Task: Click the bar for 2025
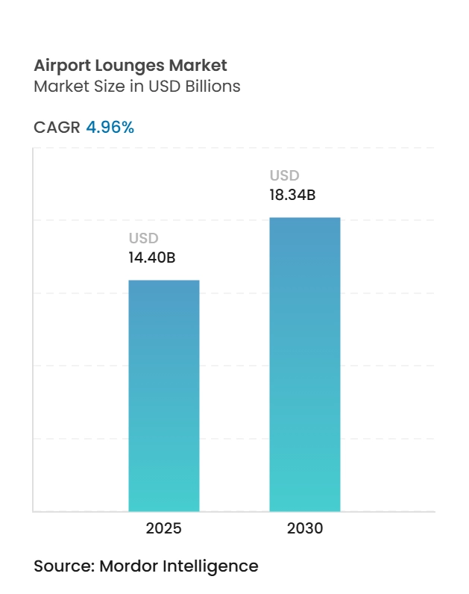tap(164, 396)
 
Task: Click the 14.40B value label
tap(152, 258)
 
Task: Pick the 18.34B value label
tap(293, 196)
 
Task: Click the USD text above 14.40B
tap(144, 239)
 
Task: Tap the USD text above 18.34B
tap(284, 176)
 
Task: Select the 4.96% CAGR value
tap(110, 128)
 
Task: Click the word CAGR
tap(57, 128)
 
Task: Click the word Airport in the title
tap(61, 66)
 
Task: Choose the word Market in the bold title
tap(199, 66)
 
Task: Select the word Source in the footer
tap(62, 566)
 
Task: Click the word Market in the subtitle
tap(59, 87)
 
